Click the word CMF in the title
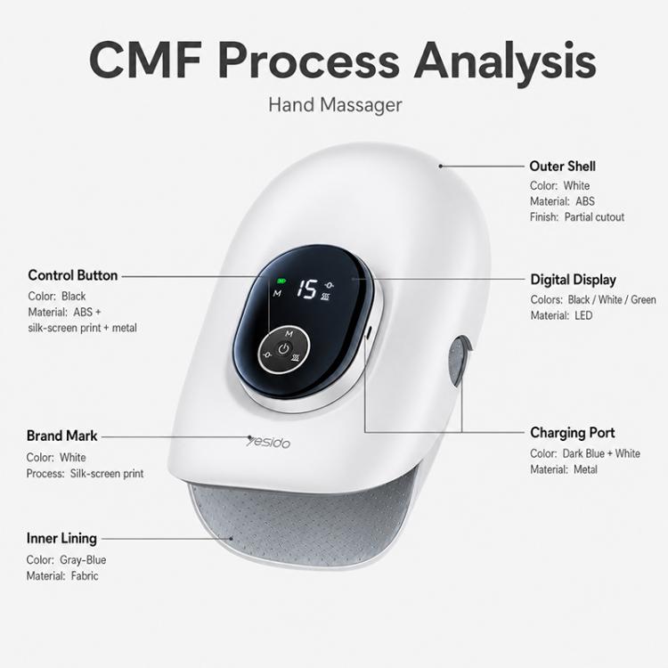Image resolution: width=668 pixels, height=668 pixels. click(x=145, y=60)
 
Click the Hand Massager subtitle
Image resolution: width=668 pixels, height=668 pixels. click(x=335, y=105)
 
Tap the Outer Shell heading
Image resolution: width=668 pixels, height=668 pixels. click(x=562, y=167)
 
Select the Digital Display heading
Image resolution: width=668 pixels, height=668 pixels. click(x=573, y=280)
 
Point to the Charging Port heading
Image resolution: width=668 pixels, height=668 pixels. click(x=572, y=433)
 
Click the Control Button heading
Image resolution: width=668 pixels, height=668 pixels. click(x=73, y=275)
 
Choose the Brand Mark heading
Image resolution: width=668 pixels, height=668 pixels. click(x=61, y=436)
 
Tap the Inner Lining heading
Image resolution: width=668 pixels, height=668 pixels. click(x=61, y=539)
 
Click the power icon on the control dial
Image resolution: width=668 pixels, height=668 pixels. click(x=284, y=349)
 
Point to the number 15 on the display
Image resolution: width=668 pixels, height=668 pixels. click(x=306, y=289)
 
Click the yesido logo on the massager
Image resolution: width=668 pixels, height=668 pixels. click(x=268, y=442)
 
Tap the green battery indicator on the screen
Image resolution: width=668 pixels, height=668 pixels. click(x=281, y=281)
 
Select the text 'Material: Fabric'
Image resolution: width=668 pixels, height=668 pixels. click(x=62, y=576)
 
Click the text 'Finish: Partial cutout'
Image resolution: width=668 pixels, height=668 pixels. click(x=577, y=217)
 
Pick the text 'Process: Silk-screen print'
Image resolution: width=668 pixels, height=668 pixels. click(x=85, y=474)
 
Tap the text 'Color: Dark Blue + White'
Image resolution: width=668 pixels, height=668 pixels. click(x=585, y=453)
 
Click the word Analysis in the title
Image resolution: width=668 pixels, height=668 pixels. click(x=504, y=61)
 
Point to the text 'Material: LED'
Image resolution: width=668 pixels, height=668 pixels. click(x=561, y=315)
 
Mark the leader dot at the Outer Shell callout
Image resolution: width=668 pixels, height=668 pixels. click(x=441, y=167)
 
